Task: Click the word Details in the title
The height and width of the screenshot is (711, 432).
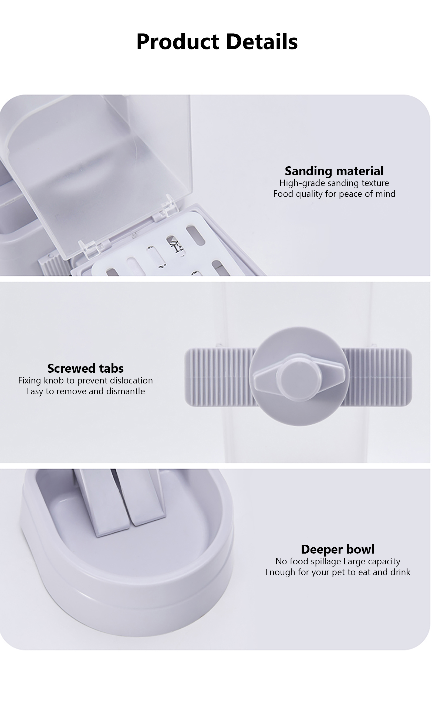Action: point(262,42)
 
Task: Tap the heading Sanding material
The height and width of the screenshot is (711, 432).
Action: point(334,171)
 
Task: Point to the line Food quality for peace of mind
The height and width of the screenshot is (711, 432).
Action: point(334,194)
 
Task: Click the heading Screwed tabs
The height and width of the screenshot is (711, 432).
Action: point(85,369)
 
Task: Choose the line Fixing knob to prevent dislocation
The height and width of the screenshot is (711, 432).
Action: point(85,380)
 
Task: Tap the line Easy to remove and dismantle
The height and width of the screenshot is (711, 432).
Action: point(85,391)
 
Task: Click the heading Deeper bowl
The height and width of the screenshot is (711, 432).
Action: point(338,549)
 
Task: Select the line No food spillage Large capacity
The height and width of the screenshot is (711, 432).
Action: point(338,561)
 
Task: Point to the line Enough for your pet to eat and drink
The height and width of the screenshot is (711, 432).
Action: point(338,572)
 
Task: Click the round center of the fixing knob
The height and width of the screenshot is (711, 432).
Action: point(299,377)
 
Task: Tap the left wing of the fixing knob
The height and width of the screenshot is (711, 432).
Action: point(265,377)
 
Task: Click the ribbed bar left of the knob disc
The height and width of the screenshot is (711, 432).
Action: point(218,377)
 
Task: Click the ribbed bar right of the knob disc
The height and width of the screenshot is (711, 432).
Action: point(378,377)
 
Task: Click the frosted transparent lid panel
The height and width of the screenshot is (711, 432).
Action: point(98,173)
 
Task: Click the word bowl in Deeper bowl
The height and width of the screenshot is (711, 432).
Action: point(360,549)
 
